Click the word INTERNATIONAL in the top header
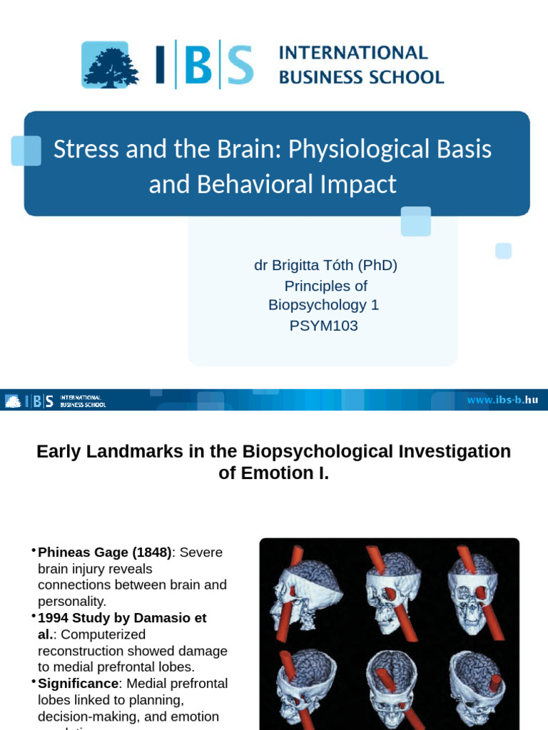coord(353,53)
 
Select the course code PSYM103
coord(323,326)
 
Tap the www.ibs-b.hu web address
coord(502,400)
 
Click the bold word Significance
coord(78,684)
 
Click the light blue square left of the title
coord(26,150)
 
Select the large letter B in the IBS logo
coord(202,65)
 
